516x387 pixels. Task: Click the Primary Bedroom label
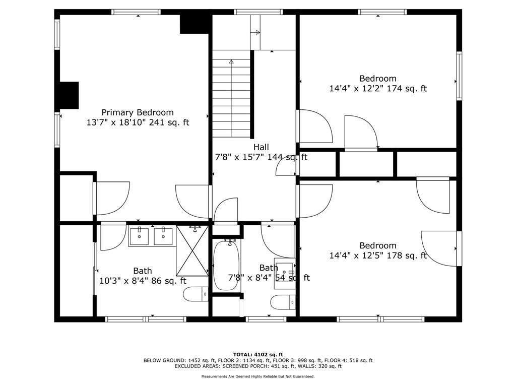coord(138,112)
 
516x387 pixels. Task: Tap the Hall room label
coord(261,147)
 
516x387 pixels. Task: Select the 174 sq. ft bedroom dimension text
coord(378,89)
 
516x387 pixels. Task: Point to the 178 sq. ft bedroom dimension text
coord(378,255)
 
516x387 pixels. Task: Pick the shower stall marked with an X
coord(192,251)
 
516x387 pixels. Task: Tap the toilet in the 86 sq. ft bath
coord(196,294)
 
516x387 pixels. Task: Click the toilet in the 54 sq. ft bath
coord(283,302)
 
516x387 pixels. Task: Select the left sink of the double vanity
coord(139,236)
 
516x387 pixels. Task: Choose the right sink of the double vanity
coord(163,236)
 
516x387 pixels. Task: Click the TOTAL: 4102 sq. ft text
coord(258,354)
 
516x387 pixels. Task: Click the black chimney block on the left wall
coord(69,95)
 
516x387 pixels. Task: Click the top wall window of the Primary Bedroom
coord(136,12)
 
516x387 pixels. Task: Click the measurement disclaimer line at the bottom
coord(258,376)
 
